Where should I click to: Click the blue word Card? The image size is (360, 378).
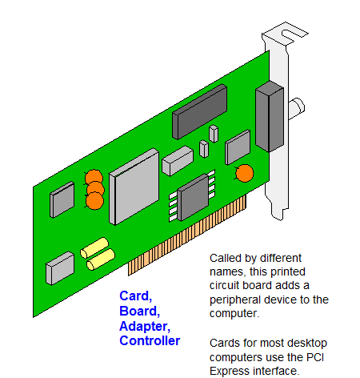[x=135, y=296]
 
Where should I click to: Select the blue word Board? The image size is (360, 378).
[x=139, y=312]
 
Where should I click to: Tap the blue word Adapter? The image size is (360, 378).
[x=145, y=327]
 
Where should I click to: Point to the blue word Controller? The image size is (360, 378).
[x=150, y=341]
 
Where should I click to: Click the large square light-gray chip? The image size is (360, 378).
[x=134, y=187]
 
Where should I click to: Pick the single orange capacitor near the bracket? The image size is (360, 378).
[x=245, y=173]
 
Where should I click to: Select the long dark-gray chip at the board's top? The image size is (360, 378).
[x=200, y=111]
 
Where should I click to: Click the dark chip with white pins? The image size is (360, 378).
[x=193, y=197]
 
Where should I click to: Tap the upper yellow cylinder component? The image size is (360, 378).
[x=94, y=247]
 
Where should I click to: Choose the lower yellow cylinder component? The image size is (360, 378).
[x=101, y=259]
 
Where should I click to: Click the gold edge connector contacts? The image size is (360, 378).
[x=186, y=235]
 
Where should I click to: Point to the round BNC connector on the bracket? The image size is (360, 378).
[x=297, y=108]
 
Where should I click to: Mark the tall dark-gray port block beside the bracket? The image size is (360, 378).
[x=270, y=116]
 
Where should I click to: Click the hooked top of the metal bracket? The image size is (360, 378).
[x=286, y=33]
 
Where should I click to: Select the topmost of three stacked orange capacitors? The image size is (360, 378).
[x=94, y=177]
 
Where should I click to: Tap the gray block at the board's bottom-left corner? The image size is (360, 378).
[x=60, y=268]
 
